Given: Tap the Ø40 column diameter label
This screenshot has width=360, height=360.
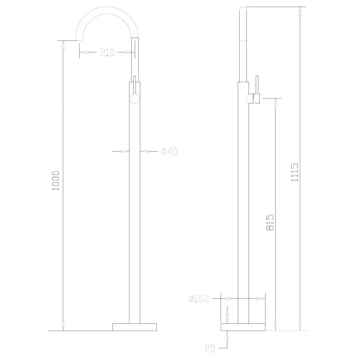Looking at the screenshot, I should (x=169, y=150).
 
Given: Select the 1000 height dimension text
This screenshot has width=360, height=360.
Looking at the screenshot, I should (x=57, y=183).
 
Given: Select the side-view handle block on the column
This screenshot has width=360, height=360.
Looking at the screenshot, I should (x=249, y=99).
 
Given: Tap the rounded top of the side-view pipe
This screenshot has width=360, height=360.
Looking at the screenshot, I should (x=243, y=9).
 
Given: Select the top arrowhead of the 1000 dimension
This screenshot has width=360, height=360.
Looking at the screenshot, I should (x=66, y=44).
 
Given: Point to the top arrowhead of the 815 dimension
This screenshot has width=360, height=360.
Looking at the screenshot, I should (x=274, y=102).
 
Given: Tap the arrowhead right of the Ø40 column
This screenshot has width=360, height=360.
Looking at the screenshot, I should (x=144, y=150).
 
